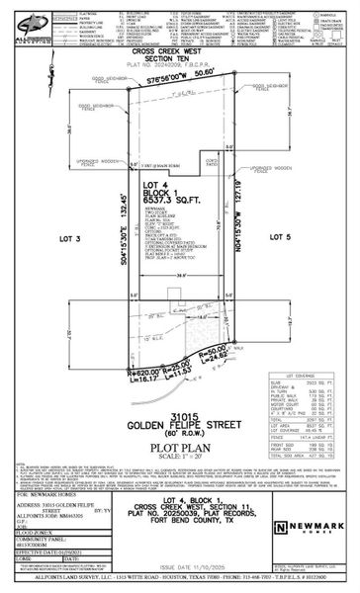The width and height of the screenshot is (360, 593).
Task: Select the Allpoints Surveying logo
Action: [18, 24]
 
